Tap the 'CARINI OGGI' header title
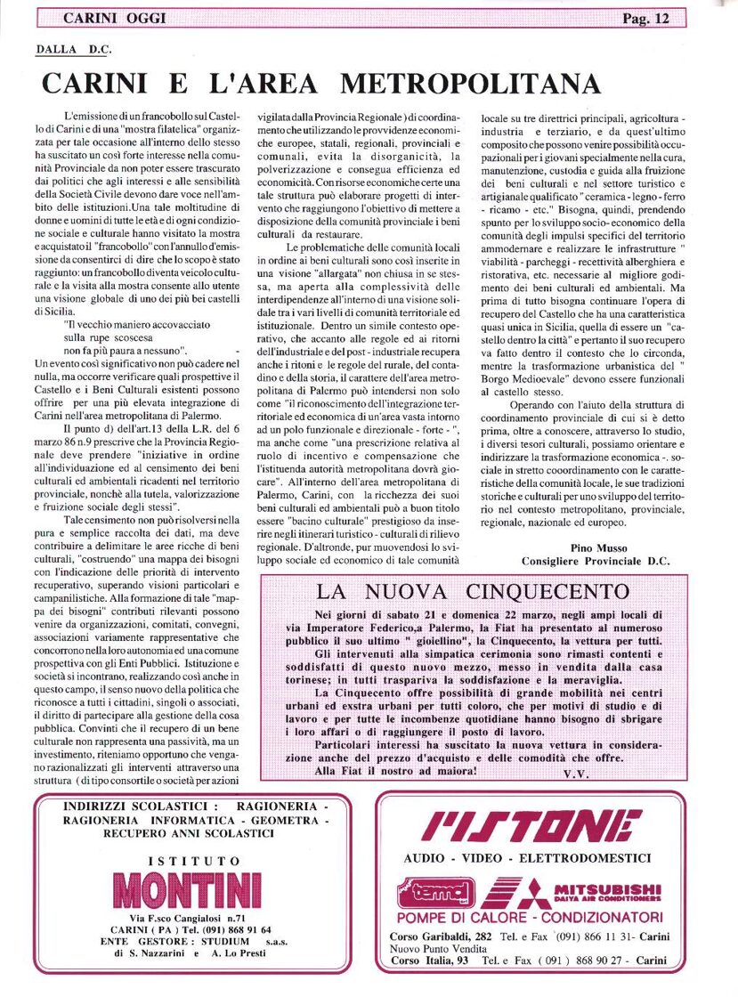tap(114, 18)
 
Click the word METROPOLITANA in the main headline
tap(470, 83)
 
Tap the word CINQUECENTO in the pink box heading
tap(554, 592)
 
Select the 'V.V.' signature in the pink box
tap(576, 774)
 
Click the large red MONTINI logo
tap(189, 889)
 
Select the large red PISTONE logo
tap(531, 827)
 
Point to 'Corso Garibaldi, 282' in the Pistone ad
tap(440, 936)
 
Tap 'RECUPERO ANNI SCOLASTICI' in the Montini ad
tap(183, 834)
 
